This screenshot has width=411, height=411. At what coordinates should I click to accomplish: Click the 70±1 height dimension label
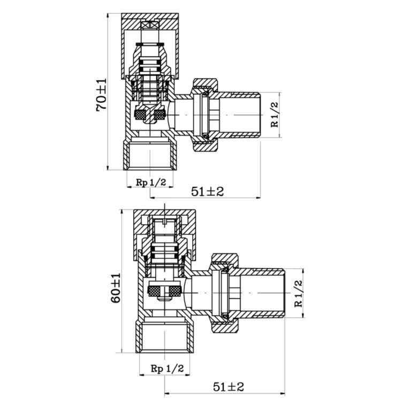click(x=102, y=95)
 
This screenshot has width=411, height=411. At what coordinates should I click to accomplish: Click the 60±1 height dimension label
click(x=116, y=288)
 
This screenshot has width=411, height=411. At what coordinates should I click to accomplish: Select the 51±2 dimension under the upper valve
click(x=207, y=192)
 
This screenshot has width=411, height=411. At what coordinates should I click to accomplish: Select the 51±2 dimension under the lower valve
click(x=229, y=386)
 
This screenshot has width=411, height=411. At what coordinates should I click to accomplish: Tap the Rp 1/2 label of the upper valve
click(x=151, y=182)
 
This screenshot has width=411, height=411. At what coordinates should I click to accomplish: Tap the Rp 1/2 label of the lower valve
click(x=167, y=369)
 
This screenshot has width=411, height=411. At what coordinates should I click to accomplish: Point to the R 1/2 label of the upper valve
click(x=275, y=115)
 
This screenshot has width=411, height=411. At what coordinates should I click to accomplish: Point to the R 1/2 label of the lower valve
click(x=299, y=294)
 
